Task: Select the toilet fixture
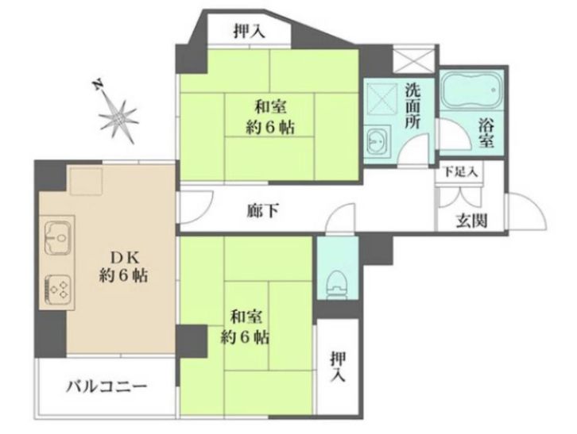pos(337,281)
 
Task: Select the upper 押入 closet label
pos(249,33)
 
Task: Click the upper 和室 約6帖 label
pos(269,116)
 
